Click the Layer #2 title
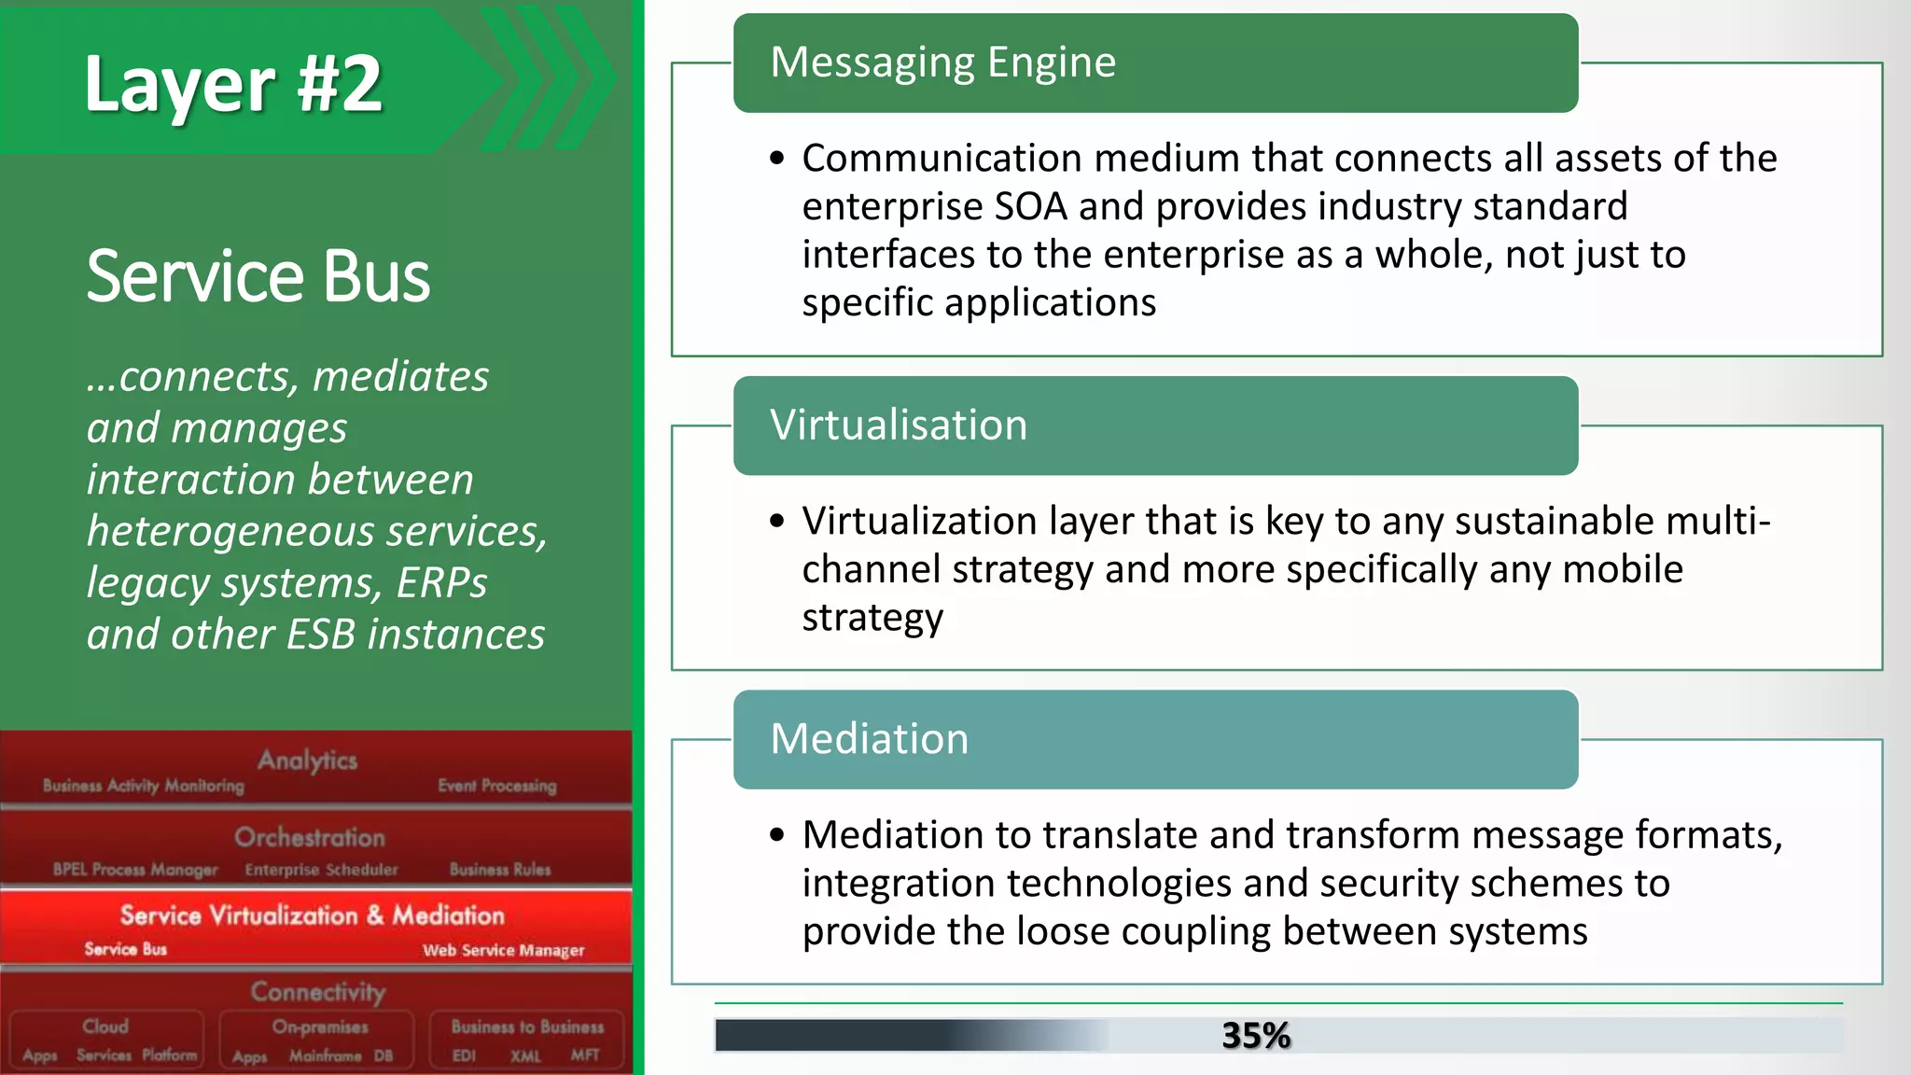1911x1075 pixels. point(233,84)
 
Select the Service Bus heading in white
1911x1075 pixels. point(258,277)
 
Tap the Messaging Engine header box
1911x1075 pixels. point(1155,63)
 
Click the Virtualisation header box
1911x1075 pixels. point(1155,426)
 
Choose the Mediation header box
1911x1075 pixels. point(1155,739)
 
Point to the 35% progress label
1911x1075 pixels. point(1256,1036)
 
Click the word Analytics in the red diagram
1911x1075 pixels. point(308,761)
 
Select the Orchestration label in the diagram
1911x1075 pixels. point(310,837)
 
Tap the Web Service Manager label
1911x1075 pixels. point(504,950)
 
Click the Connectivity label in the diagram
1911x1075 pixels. point(318,991)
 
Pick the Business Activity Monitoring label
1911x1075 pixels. point(144,786)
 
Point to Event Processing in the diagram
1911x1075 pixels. point(497,786)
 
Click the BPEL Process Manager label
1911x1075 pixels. point(135,870)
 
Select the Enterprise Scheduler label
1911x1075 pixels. point(322,870)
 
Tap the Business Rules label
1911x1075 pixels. point(500,870)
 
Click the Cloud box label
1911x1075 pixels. point(105,1026)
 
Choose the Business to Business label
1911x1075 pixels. point(527,1026)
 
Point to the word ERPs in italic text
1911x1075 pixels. point(441,583)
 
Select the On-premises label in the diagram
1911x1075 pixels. point(320,1026)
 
